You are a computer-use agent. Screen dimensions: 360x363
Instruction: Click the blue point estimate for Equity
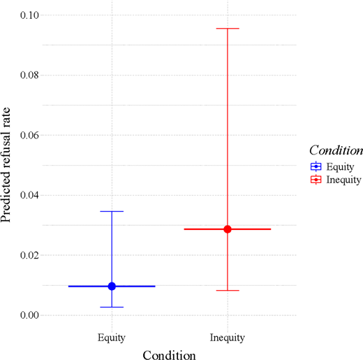(x=112, y=286)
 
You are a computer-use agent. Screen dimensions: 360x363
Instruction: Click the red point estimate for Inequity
(x=228, y=229)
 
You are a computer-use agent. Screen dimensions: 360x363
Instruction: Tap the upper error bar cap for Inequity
(x=228, y=29)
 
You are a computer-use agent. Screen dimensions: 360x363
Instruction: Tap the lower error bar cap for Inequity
(x=228, y=290)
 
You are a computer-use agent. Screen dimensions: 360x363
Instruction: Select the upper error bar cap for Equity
(x=112, y=211)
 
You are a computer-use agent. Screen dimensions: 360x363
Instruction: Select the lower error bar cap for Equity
(x=112, y=307)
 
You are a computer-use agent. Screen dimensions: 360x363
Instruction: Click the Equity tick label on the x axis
(x=112, y=338)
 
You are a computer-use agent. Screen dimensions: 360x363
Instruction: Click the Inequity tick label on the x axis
(x=228, y=338)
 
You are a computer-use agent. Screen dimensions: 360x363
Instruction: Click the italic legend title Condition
(x=336, y=150)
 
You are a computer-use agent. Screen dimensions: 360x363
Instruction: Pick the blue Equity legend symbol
(x=316, y=166)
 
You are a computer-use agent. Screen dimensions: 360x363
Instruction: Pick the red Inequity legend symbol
(x=316, y=180)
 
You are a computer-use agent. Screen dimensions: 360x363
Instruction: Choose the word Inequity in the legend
(x=344, y=180)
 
